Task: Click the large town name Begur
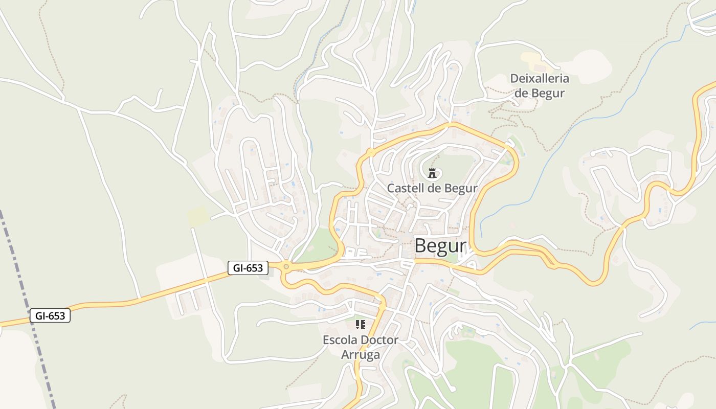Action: click(440, 246)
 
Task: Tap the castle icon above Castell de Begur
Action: click(433, 173)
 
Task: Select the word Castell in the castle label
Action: click(405, 188)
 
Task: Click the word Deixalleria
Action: click(540, 79)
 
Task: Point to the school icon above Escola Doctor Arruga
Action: click(361, 324)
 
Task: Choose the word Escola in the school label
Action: click(340, 340)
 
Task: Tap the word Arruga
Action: click(361, 355)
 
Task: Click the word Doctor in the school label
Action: click(379, 340)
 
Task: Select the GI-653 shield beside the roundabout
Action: click(248, 268)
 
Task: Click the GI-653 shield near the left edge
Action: click(50, 316)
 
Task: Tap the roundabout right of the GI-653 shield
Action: click(286, 266)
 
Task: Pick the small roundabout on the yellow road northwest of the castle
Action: click(369, 152)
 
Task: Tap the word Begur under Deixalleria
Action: click(548, 93)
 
